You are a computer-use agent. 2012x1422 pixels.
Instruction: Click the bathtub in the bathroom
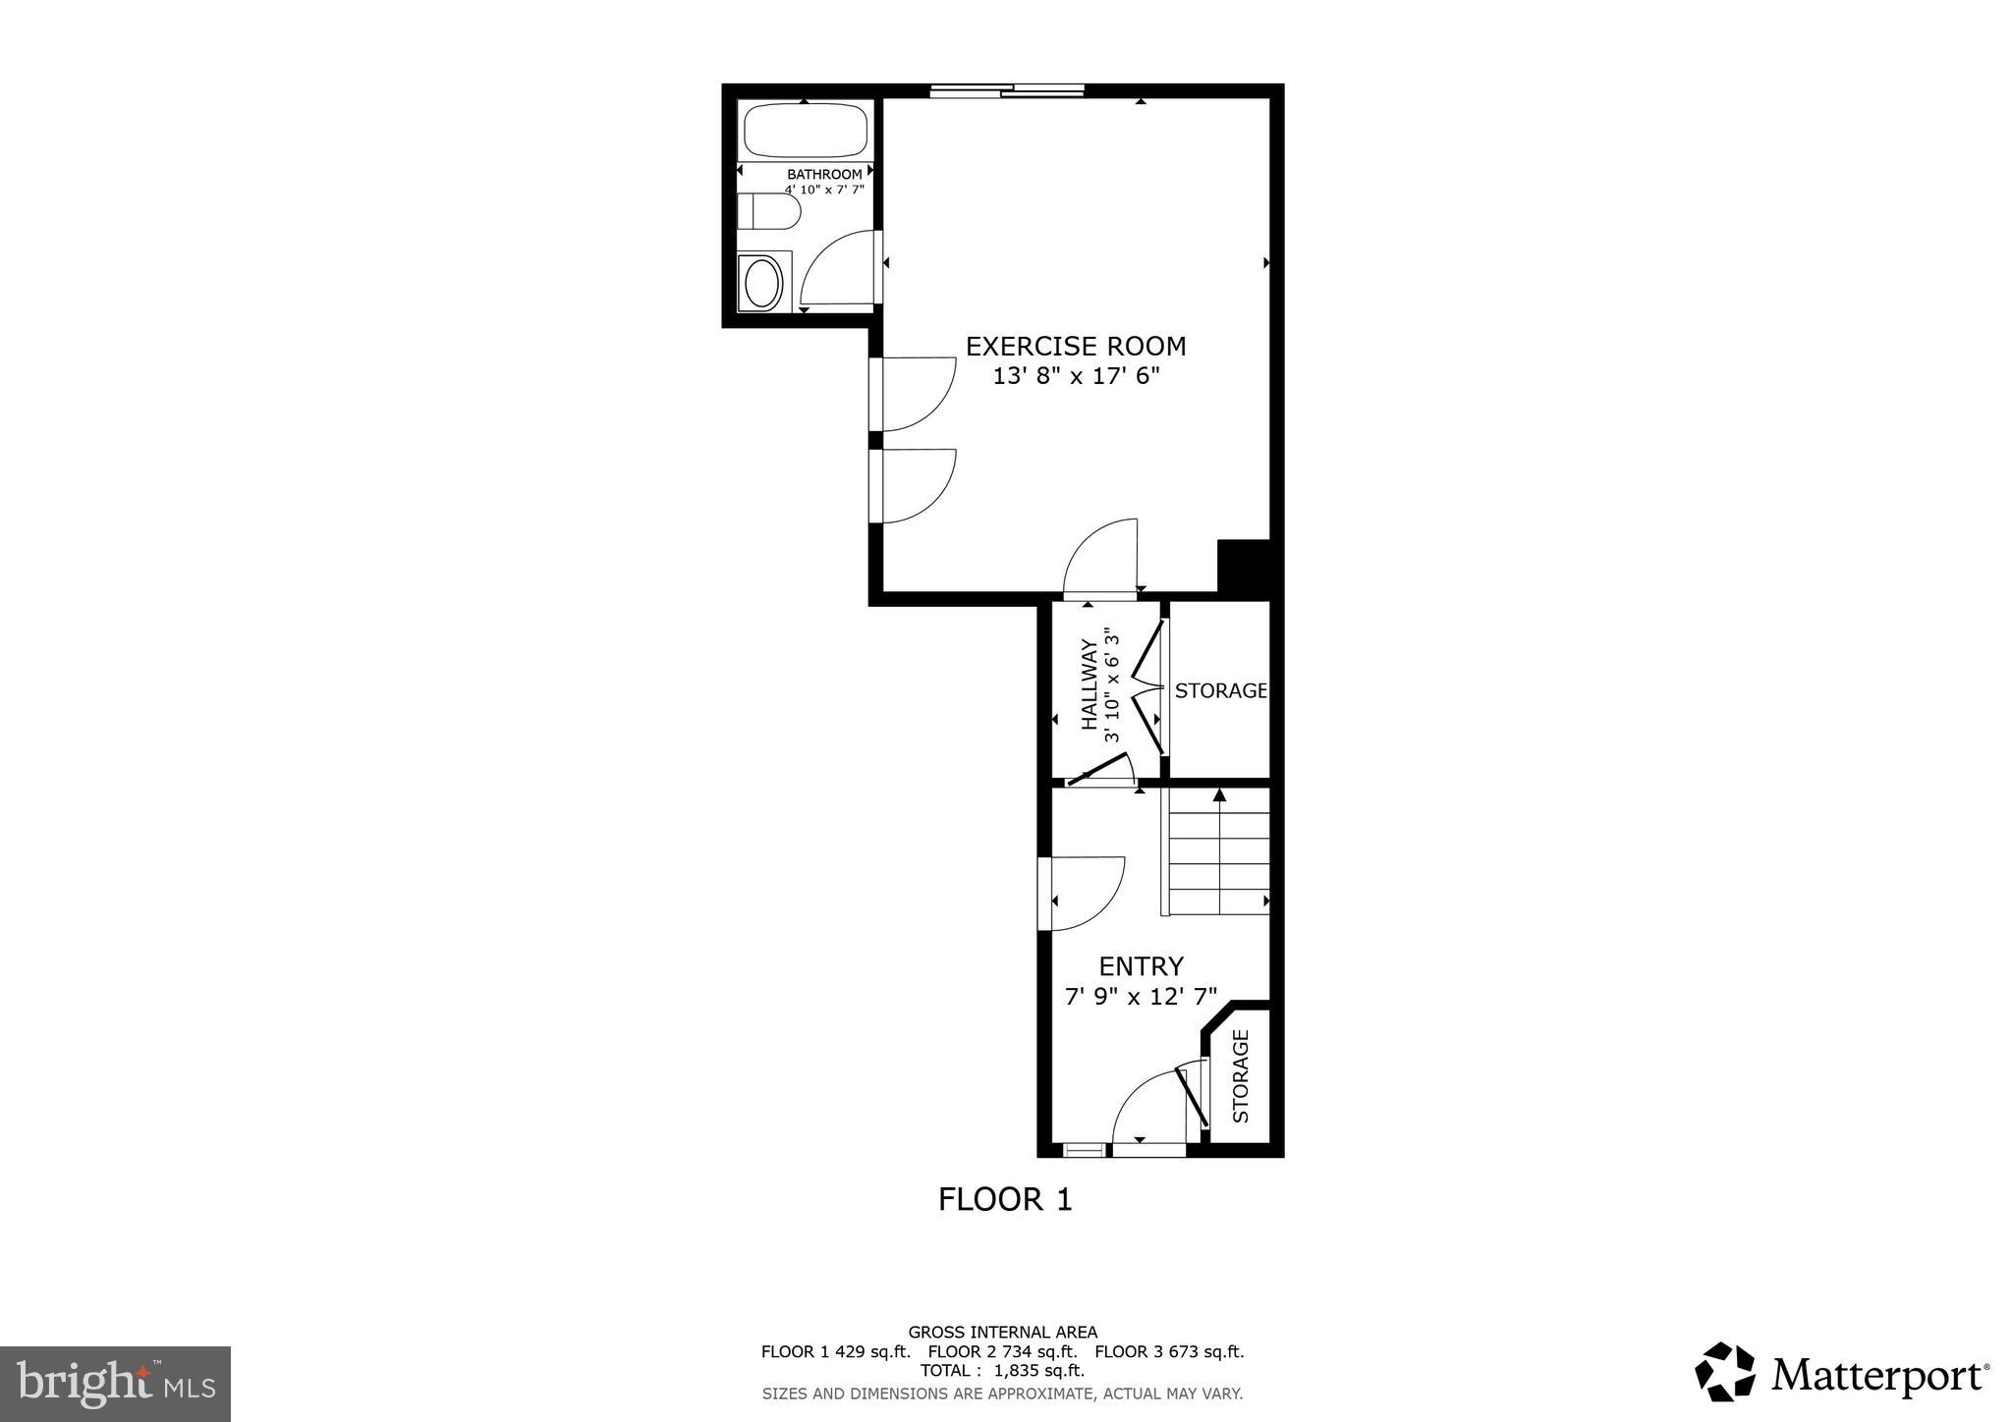tap(806, 131)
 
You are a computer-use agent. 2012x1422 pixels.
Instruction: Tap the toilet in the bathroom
tap(767, 211)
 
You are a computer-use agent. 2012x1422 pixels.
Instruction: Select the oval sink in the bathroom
tap(763, 284)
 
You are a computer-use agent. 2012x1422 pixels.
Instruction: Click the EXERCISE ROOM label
tap(1076, 347)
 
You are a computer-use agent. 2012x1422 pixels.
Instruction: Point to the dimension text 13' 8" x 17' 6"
tap(1076, 377)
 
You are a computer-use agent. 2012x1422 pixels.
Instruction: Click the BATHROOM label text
tap(824, 174)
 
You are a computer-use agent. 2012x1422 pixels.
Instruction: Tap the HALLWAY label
tap(1089, 684)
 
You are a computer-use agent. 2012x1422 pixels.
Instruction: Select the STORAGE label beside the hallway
tap(1220, 690)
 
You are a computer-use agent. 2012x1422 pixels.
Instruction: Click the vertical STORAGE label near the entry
tap(1240, 1076)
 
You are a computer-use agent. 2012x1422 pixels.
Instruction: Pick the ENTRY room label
tap(1141, 966)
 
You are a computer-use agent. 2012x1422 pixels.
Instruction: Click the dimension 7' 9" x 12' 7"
tap(1141, 997)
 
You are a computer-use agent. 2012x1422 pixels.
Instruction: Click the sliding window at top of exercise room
tap(1007, 91)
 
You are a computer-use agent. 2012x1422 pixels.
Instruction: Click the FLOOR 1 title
tap(1004, 1199)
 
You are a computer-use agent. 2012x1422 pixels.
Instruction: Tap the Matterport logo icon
tap(1725, 1371)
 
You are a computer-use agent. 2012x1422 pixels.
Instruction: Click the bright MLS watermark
tap(115, 1384)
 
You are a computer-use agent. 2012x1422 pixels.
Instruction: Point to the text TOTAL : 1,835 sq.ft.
tap(1002, 1370)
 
